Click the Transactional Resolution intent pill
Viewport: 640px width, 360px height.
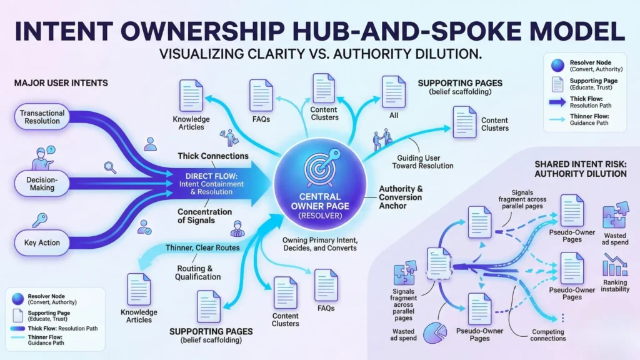click(43, 117)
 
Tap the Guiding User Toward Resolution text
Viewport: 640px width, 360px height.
click(423, 162)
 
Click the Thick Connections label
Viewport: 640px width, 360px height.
click(212, 156)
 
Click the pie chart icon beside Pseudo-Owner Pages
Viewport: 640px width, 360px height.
click(436, 333)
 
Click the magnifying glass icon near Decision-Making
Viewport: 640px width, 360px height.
click(111, 167)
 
